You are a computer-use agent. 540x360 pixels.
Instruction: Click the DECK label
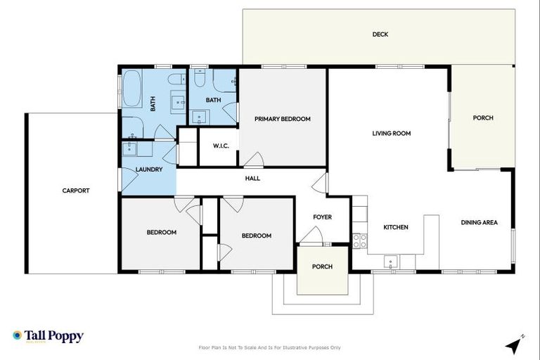click(x=380, y=34)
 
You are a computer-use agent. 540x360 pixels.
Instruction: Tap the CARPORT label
click(x=75, y=191)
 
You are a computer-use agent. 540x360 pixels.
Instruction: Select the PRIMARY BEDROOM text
click(x=282, y=119)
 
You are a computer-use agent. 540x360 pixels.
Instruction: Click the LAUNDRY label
click(x=149, y=169)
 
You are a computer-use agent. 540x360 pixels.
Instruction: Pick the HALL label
click(x=252, y=179)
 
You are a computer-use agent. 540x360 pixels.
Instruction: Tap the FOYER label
click(x=322, y=217)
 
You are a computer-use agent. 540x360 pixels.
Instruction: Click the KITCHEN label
click(x=395, y=227)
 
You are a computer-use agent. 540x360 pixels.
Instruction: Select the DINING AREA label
click(x=479, y=223)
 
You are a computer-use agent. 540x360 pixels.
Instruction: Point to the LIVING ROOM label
click(x=391, y=133)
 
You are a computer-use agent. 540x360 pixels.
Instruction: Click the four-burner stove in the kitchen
click(x=359, y=240)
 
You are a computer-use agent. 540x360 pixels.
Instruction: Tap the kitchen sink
click(x=391, y=262)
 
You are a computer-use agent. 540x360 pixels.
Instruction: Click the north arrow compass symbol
click(x=515, y=345)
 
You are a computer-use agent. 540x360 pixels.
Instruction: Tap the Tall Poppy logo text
click(x=53, y=336)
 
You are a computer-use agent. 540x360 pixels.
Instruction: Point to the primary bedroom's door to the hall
click(x=254, y=160)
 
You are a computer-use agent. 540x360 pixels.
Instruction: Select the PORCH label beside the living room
click(x=482, y=118)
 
